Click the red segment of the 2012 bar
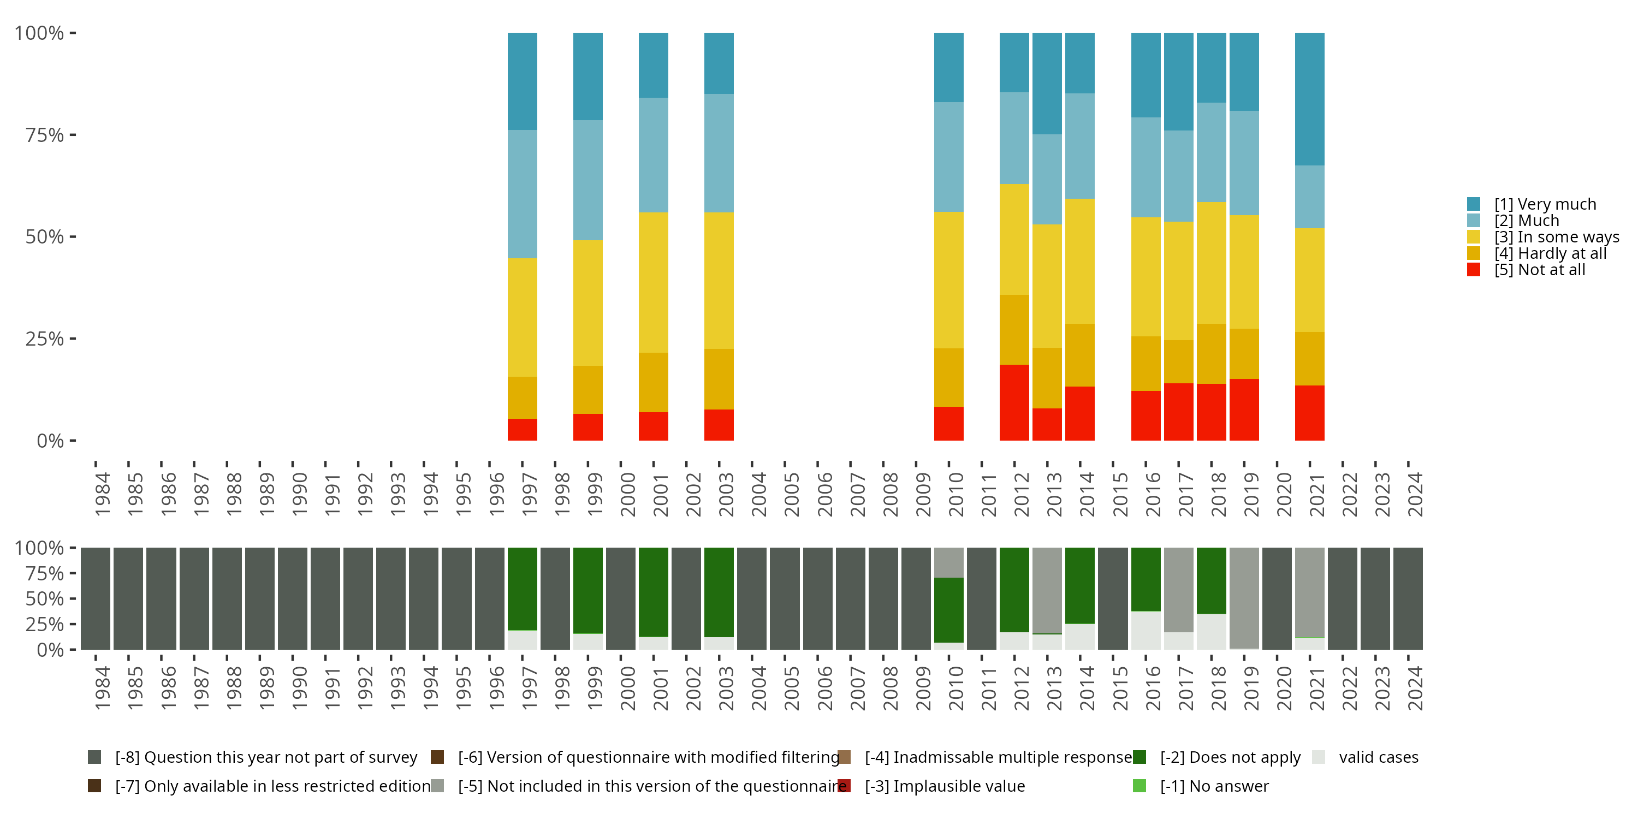point(1014,402)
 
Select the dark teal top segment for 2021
point(1309,99)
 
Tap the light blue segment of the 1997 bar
point(522,194)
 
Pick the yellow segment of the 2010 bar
point(949,280)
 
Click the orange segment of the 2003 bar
point(719,379)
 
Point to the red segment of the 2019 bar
point(1244,410)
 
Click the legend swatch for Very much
point(1473,204)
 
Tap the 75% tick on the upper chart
point(45,135)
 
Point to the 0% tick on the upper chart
point(50,441)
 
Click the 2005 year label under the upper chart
point(792,495)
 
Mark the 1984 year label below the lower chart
point(103,688)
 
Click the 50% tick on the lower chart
point(45,598)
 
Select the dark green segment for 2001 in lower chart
point(653,591)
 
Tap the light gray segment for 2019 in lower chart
point(1244,598)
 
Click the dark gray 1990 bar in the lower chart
point(293,598)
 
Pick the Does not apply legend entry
point(1230,757)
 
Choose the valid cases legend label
point(1379,757)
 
